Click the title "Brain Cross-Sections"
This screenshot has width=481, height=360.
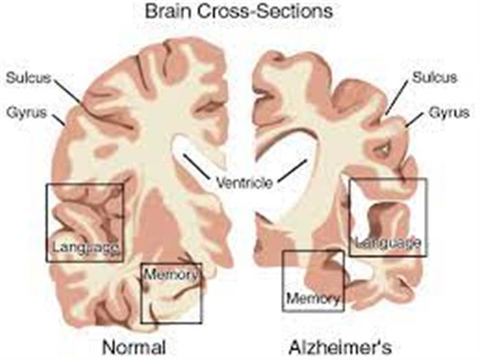[x=238, y=12]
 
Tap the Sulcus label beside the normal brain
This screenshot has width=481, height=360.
[x=29, y=78]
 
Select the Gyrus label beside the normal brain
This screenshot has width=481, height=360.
[x=27, y=113]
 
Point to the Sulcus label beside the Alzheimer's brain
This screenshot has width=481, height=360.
[x=434, y=78]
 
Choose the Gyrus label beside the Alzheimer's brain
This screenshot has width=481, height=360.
[x=449, y=113]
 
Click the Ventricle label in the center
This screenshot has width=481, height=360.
[x=245, y=183]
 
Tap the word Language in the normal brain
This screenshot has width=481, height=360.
[x=86, y=247]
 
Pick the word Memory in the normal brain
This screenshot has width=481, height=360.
[x=170, y=274]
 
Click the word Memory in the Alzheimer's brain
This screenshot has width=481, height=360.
[x=313, y=297]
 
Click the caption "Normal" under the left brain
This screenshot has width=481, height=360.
[x=134, y=347]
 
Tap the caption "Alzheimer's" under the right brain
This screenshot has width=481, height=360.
[x=340, y=347]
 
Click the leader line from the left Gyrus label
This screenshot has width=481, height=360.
[x=58, y=120]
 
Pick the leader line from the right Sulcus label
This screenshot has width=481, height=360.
[x=397, y=98]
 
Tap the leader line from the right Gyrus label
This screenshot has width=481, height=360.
[x=415, y=119]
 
